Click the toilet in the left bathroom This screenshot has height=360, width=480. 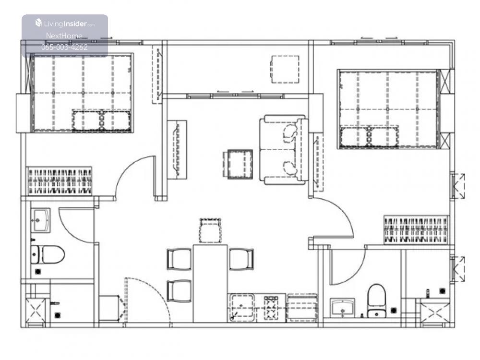tap(48, 254)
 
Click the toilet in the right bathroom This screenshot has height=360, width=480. tap(376, 300)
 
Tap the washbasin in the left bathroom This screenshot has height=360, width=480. tap(40, 220)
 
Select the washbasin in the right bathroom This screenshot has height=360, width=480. tap(343, 308)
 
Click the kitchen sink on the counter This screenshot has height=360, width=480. tap(242, 307)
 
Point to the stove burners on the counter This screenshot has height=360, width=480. tap(271, 308)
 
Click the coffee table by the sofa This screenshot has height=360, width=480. tap(240, 164)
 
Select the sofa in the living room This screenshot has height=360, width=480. tap(284, 150)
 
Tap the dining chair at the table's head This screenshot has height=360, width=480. tap(210, 231)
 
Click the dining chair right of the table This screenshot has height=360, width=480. tap(241, 259)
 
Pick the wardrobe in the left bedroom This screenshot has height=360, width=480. tap(60, 181)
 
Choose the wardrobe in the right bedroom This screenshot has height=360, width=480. tap(416, 230)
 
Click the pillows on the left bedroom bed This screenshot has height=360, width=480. tap(101, 120)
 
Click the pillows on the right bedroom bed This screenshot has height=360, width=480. tap(370, 136)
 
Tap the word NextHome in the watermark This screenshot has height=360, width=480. tap(64, 36)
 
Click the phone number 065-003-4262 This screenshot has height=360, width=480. tap(64, 47)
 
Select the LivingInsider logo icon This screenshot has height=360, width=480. tap(38, 23)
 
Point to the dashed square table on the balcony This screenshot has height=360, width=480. tap(285, 69)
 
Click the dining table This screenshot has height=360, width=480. tap(210, 283)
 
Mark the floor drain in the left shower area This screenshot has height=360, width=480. tap(57, 315)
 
